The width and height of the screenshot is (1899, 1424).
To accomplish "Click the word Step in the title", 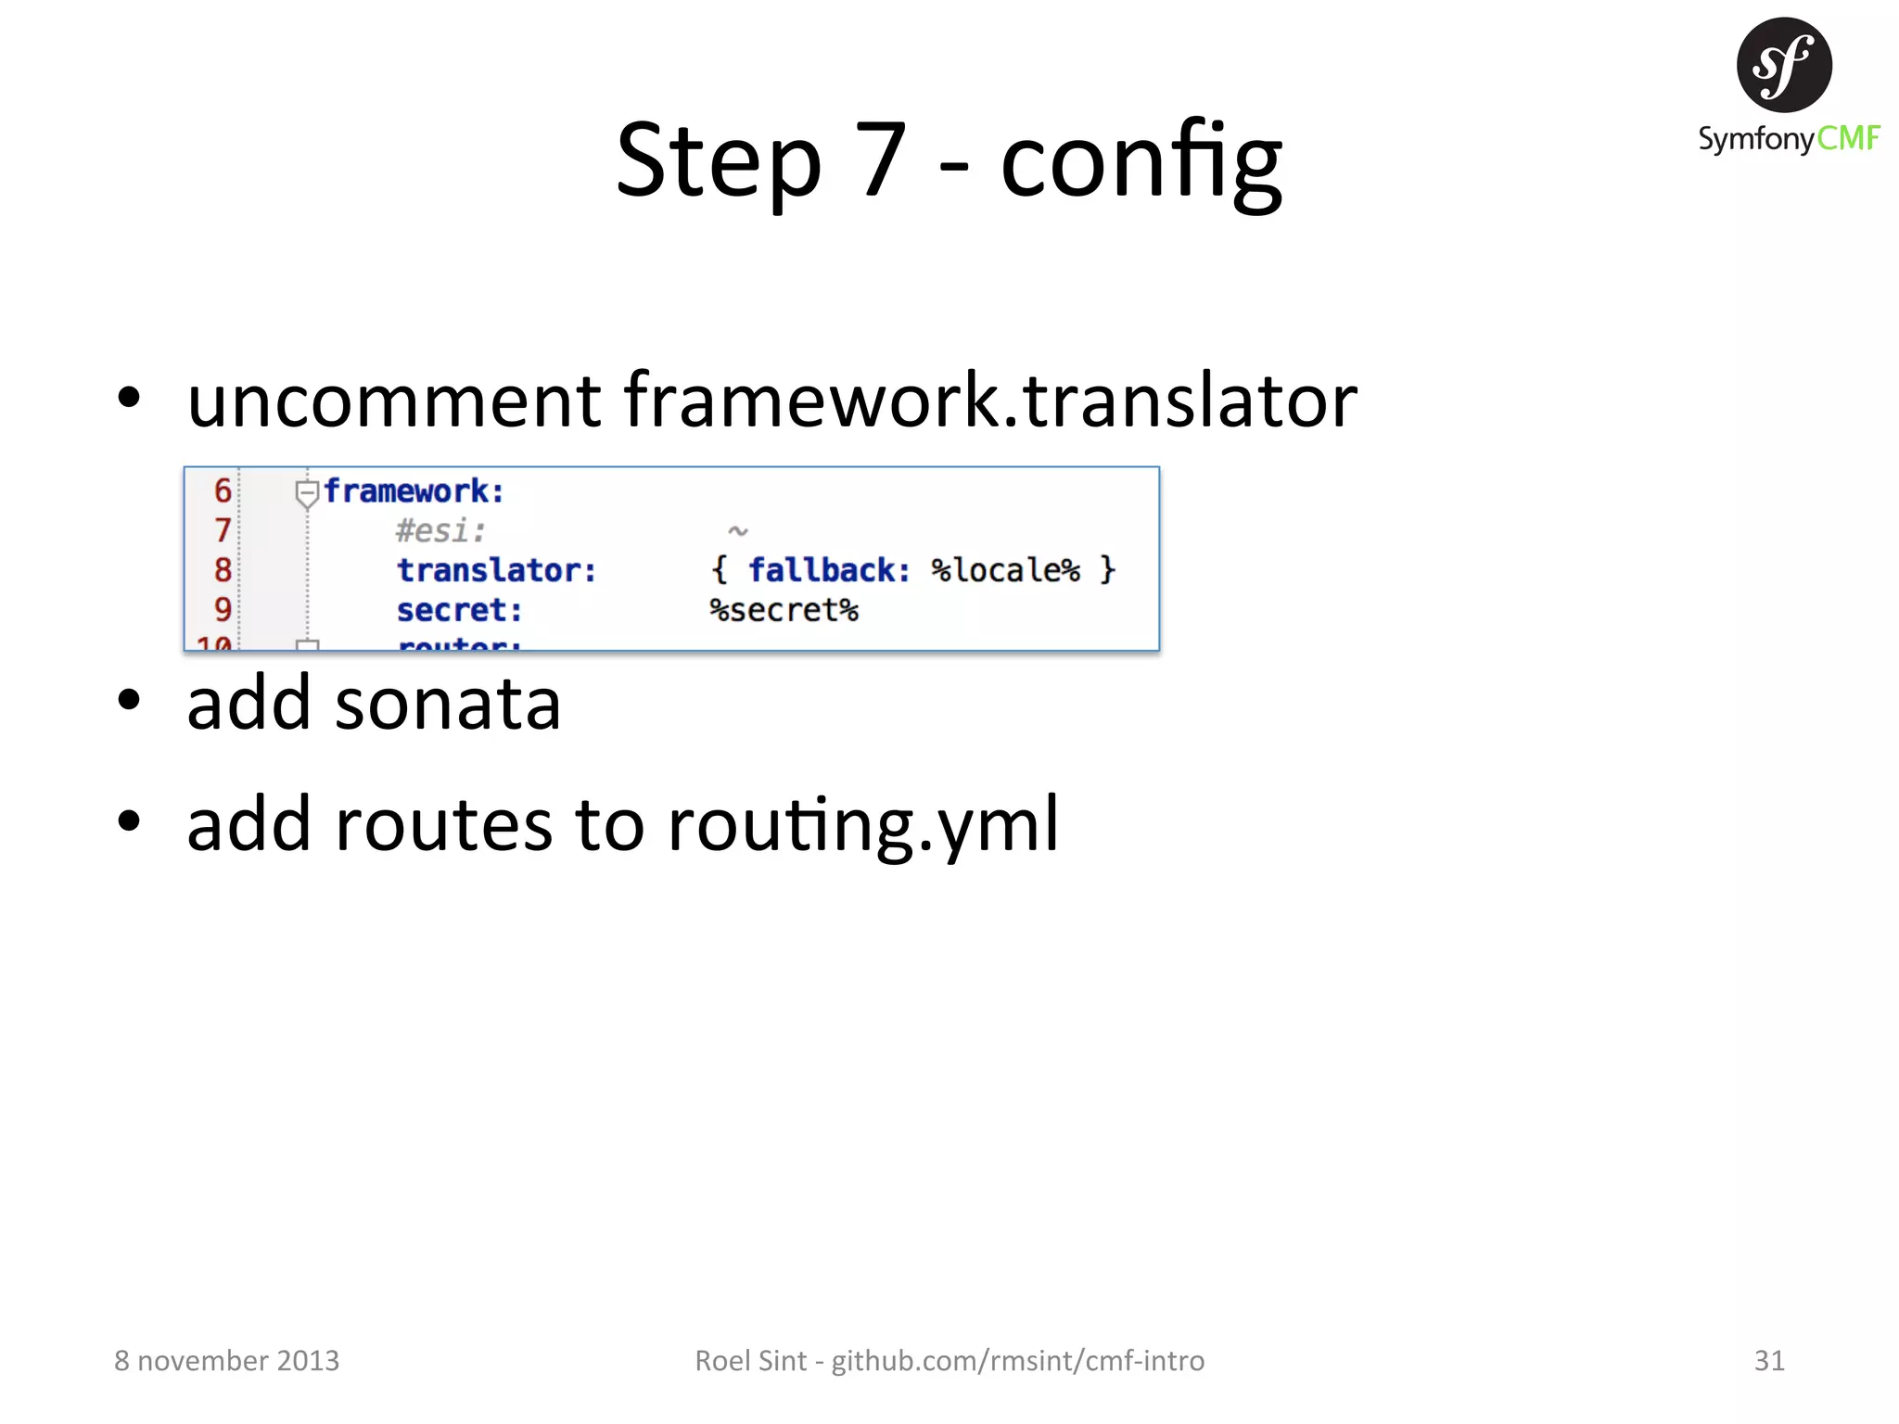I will [719, 162].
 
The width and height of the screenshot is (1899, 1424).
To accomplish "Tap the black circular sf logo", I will [1783, 65].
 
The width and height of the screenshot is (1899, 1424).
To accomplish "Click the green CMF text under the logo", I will [1847, 138].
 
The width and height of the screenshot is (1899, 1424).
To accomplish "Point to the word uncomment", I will [394, 400].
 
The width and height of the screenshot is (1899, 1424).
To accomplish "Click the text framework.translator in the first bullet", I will [989, 400].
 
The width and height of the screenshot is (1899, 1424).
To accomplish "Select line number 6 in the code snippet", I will [223, 490].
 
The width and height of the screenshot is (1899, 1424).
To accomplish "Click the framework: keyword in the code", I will [414, 490].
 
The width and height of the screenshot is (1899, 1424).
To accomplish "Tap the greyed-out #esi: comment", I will [440, 531].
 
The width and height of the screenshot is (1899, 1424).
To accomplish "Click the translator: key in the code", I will [496, 570].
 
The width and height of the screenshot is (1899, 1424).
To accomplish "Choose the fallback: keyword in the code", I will [829, 570].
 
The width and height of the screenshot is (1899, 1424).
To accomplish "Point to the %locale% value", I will [1005, 570].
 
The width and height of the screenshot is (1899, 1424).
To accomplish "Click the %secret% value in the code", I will [784, 610].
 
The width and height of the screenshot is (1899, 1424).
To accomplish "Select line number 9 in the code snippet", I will [223, 609].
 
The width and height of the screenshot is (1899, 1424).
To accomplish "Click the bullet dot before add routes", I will [129, 820].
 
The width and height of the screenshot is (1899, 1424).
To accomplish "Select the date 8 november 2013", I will [226, 1360].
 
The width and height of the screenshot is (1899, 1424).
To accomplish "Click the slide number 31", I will [1769, 1360].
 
